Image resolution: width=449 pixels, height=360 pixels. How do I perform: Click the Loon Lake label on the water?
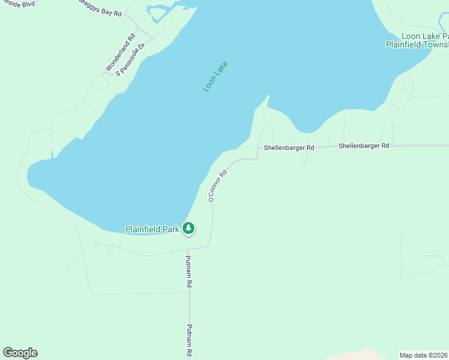(x=215, y=76)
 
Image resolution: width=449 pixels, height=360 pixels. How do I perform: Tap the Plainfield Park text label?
(x=152, y=229)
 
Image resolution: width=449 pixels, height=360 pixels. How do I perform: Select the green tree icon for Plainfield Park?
(x=188, y=228)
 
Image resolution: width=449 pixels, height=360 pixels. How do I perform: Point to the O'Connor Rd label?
(x=217, y=185)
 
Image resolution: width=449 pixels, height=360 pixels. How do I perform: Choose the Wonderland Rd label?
(x=121, y=53)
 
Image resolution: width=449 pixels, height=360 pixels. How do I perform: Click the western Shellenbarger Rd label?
(x=289, y=148)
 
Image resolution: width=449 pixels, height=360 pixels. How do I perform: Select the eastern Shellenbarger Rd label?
(x=364, y=146)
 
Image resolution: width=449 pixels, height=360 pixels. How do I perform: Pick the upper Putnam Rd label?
(x=188, y=271)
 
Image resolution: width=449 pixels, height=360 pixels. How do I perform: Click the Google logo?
(x=20, y=353)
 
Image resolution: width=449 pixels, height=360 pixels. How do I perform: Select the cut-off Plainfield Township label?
(x=417, y=44)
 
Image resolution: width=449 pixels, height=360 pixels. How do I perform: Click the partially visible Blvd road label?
(x=17, y=3)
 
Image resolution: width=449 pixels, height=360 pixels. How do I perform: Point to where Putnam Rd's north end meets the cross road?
(x=187, y=249)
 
